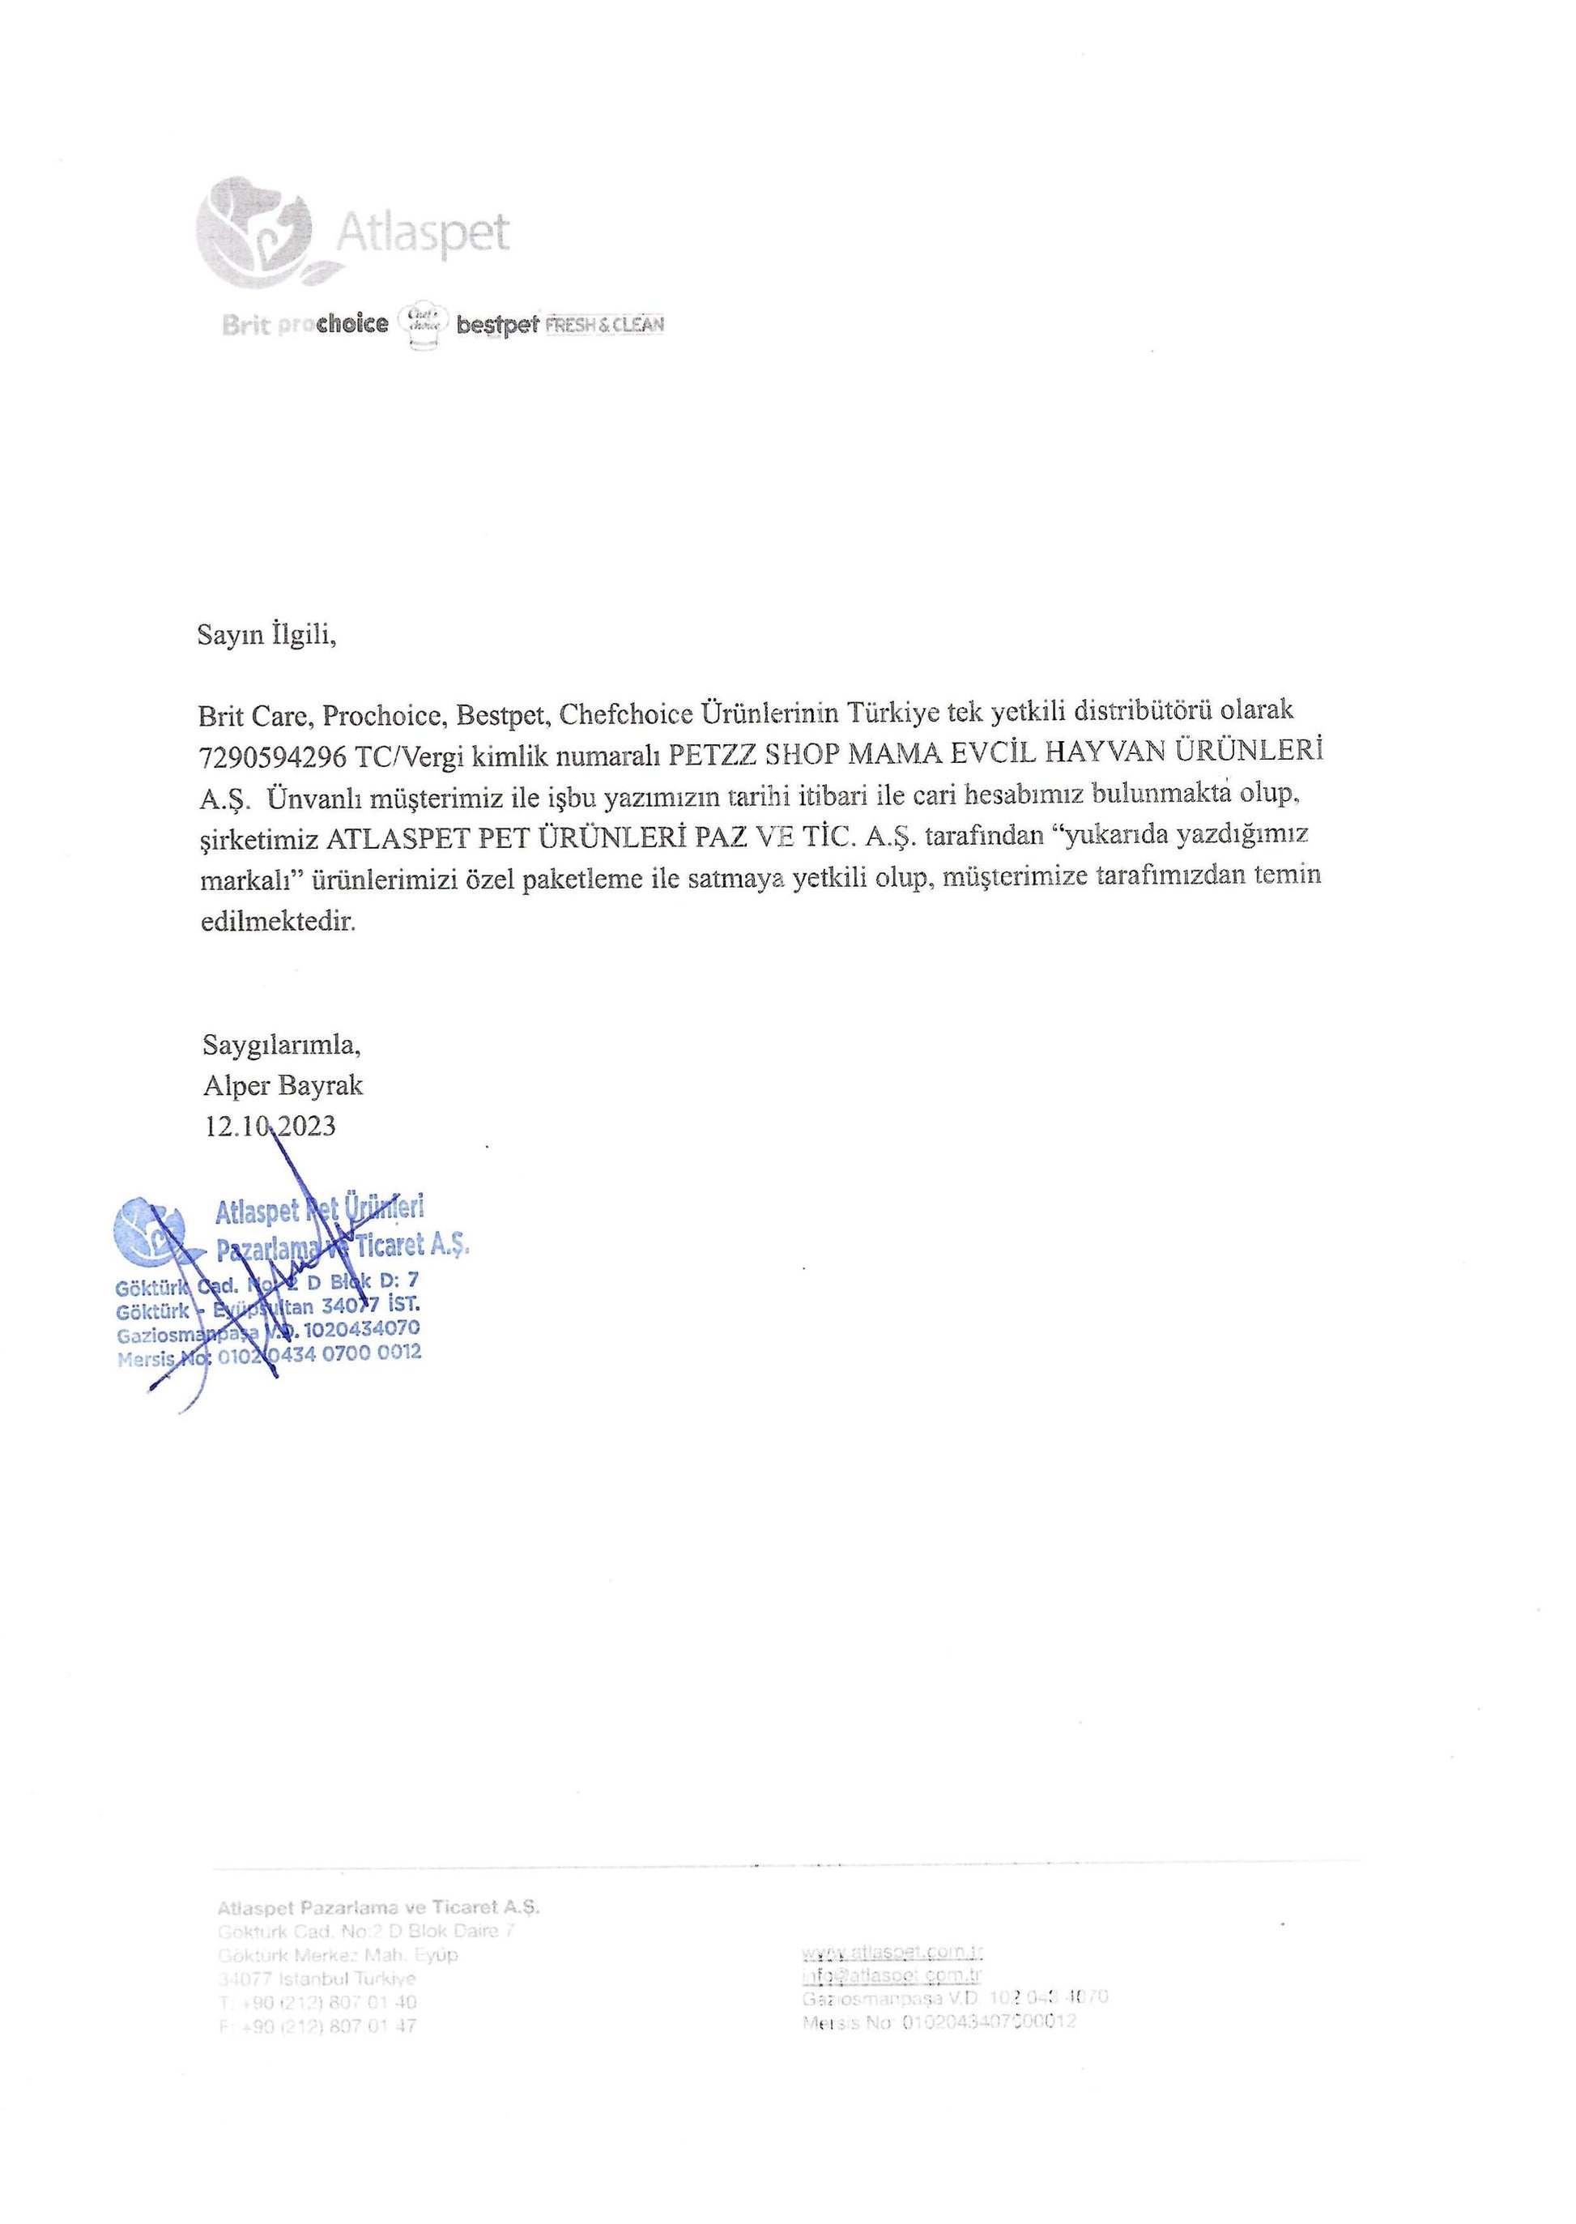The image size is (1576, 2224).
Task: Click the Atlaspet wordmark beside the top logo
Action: point(422,234)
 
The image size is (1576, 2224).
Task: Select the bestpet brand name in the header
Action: point(497,325)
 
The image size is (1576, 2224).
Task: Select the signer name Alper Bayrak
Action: point(283,1084)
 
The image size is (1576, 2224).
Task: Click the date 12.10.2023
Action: point(270,1126)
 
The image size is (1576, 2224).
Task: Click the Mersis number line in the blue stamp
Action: point(269,1356)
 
